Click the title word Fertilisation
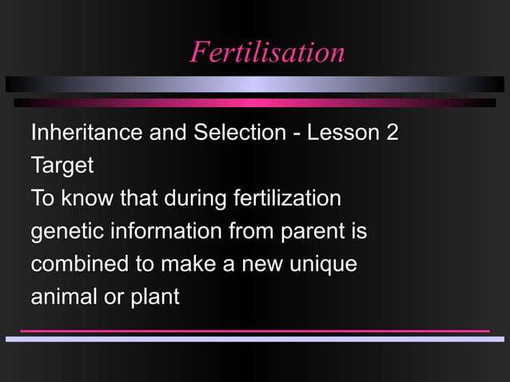tap(267, 52)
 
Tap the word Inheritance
tap(86, 133)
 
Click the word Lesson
tap(343, 133)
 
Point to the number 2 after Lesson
tap(392, 133)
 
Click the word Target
tap(62, 166)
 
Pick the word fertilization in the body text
tap(287, 198)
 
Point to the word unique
tap(322, 265)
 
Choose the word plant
tap(156, 297)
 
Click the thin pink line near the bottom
tap(254, 331)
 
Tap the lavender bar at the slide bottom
tap(254, 339)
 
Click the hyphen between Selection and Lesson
tap(296, 133)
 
